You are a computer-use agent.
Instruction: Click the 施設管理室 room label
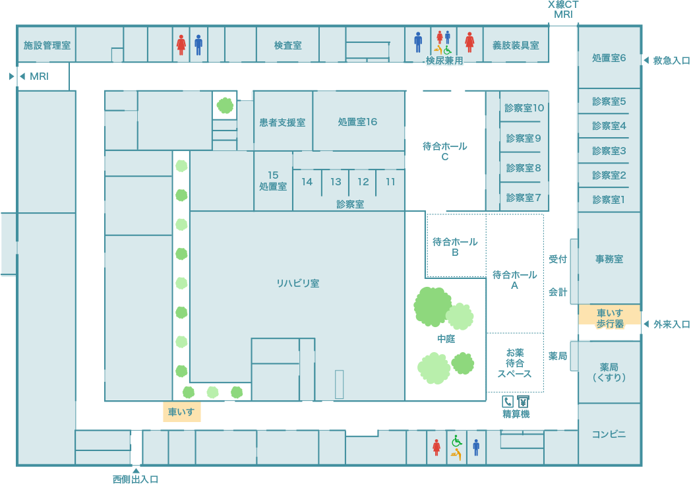[47, 46]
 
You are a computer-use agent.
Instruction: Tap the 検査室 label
[288, 46]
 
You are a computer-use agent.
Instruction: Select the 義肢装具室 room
[516, 46]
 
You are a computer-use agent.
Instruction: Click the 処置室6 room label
[609, 58]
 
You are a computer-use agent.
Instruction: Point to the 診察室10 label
[524, 108]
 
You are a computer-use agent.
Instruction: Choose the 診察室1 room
[609, 199]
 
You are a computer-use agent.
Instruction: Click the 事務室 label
[609, 259]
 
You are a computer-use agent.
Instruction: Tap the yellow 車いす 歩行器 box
[610, 319]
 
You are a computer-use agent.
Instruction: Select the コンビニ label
[609, 435]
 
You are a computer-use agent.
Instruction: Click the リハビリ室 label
[297, 284]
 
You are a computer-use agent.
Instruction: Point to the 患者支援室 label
[282, 123]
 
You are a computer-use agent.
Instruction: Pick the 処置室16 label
[357, 122]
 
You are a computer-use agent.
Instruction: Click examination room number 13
[336, 182]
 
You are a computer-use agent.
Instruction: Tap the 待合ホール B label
[455, 247]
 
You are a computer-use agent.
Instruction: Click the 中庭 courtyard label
[446, 339]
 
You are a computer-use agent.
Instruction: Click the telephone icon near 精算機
[508, 401]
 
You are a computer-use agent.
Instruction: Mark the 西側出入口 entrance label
[136, 479]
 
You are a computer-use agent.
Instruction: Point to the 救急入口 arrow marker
[646, 61]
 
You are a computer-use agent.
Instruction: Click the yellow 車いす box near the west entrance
[181, 413]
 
